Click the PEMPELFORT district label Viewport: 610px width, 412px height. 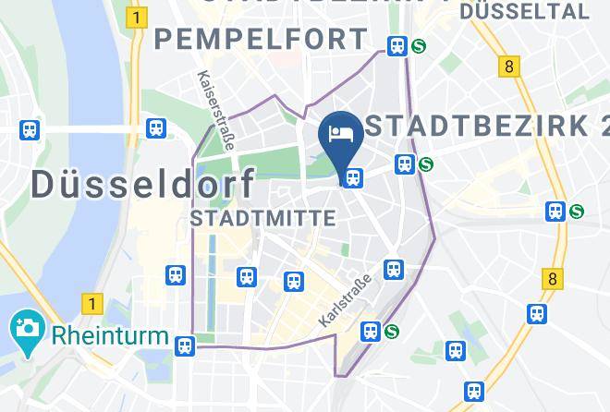(262, 40)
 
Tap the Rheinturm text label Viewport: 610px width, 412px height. (111, 334)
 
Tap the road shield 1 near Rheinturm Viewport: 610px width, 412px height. (90, 303)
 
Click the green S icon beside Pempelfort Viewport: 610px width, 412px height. (419, 45)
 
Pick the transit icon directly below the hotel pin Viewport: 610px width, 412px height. (351, 177)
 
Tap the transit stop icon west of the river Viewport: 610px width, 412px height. (30, 130)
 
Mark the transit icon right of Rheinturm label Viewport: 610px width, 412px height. (185, 345)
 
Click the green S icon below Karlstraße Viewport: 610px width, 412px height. (392, 331)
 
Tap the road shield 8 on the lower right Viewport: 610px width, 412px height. (553, 278)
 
